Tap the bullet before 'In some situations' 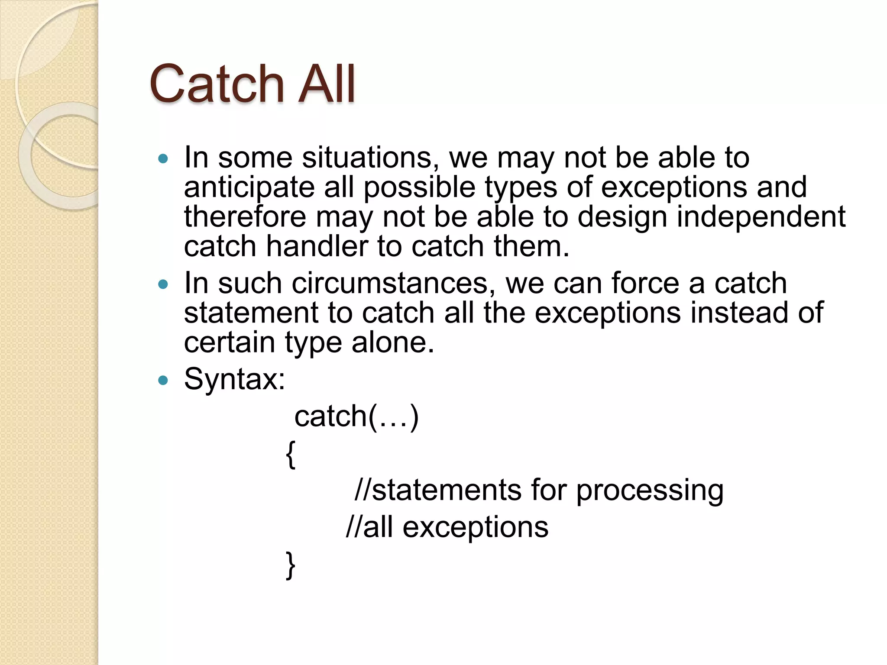[163, 159]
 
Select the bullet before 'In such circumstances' [163, 284]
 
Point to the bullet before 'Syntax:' [163, 381]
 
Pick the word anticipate [249, 188]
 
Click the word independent [761, 216]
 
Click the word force [645, 284]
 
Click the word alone [392, 342]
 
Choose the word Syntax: [234, 380]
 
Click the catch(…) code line [356, 416]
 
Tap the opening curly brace [291, 454]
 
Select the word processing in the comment [649, 491]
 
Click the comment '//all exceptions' [447, 527]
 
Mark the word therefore [245, 216]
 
